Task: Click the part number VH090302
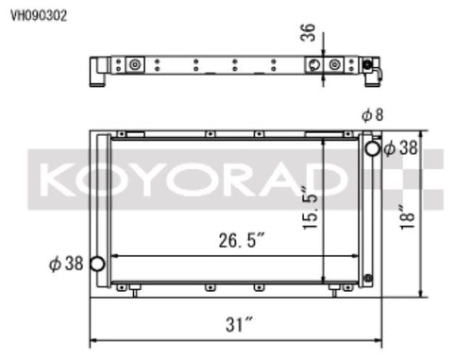click(39, 15)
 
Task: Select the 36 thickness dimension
click(308, 32)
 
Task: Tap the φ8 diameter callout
click(373, 115)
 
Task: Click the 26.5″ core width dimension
click(242, 240)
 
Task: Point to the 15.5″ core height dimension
click(310, 209)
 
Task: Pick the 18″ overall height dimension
click(407, 217)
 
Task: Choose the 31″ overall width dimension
click(239, 324)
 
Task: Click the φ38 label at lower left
click(66, 264)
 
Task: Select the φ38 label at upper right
click(401, 147)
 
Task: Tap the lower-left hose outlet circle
click(97, 264)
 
